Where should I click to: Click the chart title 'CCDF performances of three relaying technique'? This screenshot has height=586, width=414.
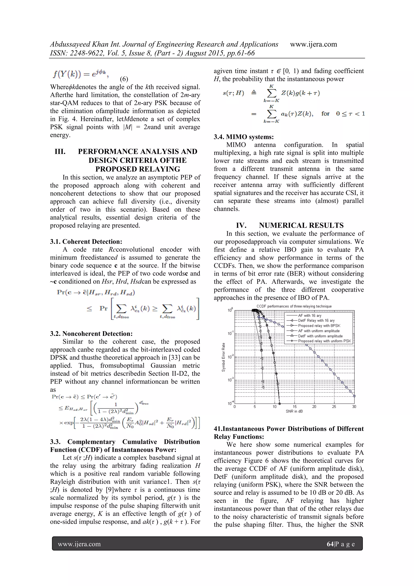(x=294, y=306)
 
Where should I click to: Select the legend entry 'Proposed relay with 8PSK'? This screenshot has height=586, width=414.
(x=319, y=326)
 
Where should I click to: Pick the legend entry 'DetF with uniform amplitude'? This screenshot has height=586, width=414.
(x=320, y=336)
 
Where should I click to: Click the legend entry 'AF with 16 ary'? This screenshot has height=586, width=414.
(x=309, y=315)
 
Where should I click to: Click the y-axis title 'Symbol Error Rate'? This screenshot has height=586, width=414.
(x=224, y=357)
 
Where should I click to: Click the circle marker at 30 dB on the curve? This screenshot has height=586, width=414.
(x=354, y=396)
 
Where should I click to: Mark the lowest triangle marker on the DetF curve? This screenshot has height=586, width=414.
(x=263, y=387)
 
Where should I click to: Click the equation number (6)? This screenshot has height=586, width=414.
(x=124, y=79)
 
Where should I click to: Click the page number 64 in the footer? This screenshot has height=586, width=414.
(x=330, y=544)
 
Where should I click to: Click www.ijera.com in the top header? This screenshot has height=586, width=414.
(x=313, y=44)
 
